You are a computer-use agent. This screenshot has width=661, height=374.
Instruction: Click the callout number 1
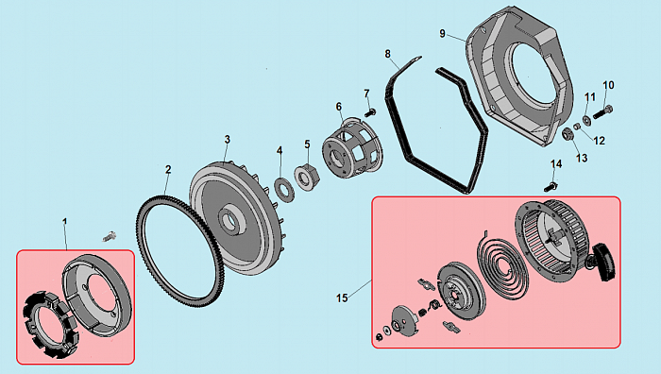tap(64, 221)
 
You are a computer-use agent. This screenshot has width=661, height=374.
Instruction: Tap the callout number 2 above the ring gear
tap(168, 169)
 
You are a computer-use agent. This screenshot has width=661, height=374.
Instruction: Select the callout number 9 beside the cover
tap(442, 33)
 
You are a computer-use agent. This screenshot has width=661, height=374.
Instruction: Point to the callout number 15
tap(342, 298)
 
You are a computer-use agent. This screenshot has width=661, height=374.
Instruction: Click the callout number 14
tap(556, 164)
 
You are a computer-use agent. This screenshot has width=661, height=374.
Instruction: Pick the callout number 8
tap(387, 54)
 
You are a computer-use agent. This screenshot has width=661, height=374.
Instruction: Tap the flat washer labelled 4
tap(283, 191)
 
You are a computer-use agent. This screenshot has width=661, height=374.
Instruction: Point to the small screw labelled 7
tap(371, 112)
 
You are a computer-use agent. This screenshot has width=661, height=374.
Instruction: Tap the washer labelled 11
tap(586, 120)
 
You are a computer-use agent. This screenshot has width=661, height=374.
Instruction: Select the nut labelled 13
tap(568, 135)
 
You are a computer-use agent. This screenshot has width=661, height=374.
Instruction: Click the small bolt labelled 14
tap(550, 186)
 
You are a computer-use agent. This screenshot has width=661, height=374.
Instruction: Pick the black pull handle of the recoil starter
tap(603, 263)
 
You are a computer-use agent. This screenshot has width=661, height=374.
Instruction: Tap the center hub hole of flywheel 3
tap(231, 219)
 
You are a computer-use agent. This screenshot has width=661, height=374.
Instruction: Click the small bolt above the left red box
tap(110, 236)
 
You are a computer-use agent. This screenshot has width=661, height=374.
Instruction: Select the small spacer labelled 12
tap(577, 127)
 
